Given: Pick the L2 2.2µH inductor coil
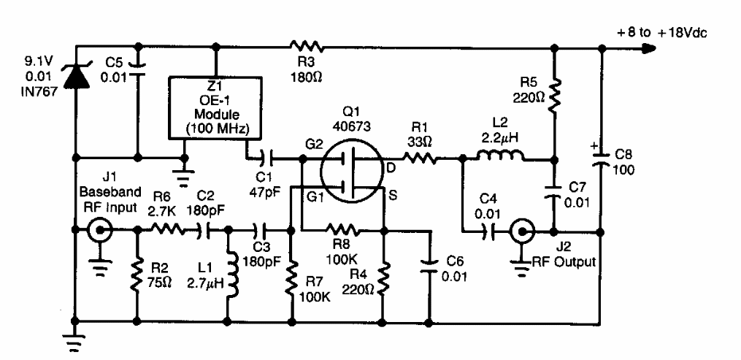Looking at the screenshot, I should [500, 156].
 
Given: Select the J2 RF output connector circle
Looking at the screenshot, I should [523, 231].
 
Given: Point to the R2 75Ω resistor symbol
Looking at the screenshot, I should [137, 276].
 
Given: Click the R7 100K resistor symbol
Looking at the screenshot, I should [290, 275].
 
